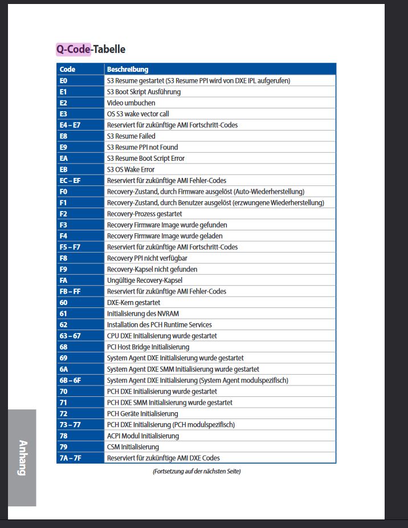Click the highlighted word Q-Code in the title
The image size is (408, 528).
pos(74,50)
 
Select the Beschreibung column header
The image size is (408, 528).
pos(128,70)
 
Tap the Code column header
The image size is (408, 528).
pos(67,70)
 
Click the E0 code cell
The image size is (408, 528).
pos(63,81)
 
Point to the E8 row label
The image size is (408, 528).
pos(63,136)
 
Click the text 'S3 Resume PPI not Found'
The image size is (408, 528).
pos(142,147)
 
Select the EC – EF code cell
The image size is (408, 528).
pos(70,181)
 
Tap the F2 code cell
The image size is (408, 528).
pos(63,214)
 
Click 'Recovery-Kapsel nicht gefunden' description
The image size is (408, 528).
pos(152,269)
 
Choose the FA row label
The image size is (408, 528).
pos(64,281)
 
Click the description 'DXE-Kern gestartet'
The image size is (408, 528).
pos(133,303)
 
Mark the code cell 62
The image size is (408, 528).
pos(63,325)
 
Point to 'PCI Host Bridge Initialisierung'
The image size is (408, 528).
pos(148,347)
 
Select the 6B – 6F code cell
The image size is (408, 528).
pos(71,380)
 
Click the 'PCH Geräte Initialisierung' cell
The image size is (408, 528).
pos(142,414)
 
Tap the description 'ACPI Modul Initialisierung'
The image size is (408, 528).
pos(143,436)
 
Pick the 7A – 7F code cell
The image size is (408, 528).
pos(71,458)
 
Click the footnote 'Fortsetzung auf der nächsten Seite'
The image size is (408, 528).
pos(197,472)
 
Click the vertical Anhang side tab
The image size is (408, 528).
pos(22,457)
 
